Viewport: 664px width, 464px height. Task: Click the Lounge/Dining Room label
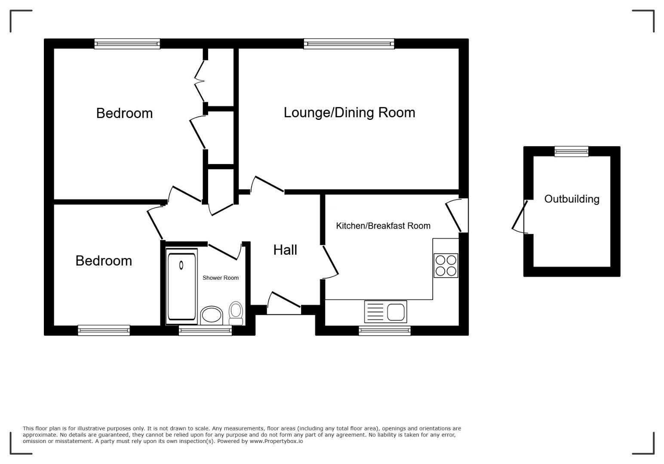coord(349,113)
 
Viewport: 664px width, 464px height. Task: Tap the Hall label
coord(285,250)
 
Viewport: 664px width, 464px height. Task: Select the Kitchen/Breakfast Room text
coord(383,226)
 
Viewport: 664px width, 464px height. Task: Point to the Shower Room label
coord(220,278)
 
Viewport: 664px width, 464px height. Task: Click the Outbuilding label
coord(572,199)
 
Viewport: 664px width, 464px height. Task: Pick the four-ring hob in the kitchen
coord(446,266)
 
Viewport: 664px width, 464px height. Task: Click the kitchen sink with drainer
coord(385,311)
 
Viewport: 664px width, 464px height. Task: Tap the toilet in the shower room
coord(236,313)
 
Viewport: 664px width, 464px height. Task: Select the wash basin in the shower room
coord(212,316)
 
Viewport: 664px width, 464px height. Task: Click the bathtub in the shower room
coord(181,286)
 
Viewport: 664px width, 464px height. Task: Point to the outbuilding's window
coord(571,152)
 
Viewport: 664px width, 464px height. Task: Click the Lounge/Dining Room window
coord(349,44)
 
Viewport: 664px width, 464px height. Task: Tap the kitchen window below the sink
coord(384,331)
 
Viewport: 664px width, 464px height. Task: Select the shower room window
coord(205,331)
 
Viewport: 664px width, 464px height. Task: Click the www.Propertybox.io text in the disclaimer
coord(276,441)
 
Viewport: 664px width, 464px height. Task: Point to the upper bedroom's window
coord(127,44)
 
